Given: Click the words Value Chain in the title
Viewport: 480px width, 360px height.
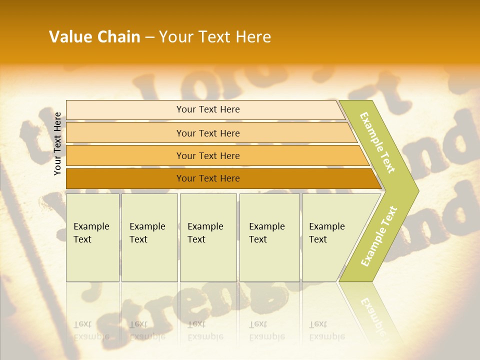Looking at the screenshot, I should (94, 37).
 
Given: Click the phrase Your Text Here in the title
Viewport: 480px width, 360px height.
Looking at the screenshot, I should (215, 37).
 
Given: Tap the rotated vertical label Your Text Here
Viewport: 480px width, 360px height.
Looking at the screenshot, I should (57, 143).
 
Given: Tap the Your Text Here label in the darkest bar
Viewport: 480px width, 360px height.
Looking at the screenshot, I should (208, 178).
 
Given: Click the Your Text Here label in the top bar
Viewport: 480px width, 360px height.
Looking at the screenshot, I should (208, 109).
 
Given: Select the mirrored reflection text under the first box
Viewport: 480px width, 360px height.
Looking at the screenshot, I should (91, 330).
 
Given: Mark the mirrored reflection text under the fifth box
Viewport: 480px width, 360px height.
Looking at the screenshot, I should (326, 330).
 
